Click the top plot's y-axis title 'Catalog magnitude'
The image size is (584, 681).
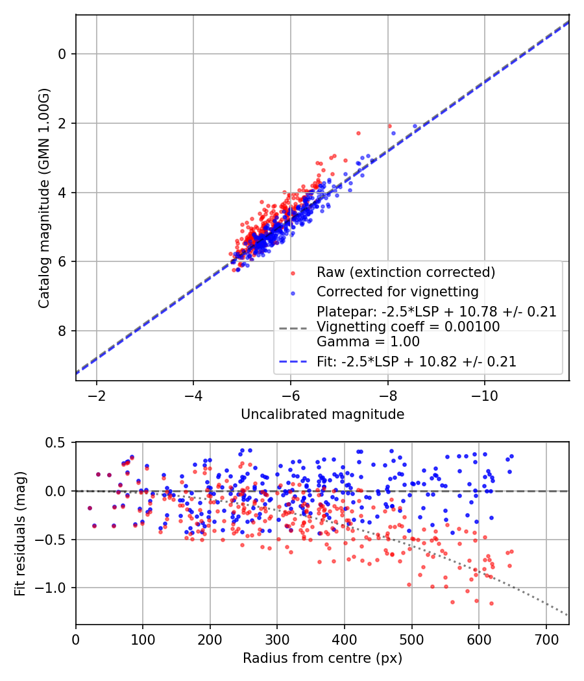(x=43, y=197)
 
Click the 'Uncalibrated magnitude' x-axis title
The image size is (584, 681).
(x=322, y=414)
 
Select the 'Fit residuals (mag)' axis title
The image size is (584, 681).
(x=20, y=532)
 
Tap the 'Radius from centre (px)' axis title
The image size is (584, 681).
(x=322, y=658)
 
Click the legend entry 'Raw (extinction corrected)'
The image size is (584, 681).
(x=406, y=272)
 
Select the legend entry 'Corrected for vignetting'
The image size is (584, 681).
(x=396, y=291)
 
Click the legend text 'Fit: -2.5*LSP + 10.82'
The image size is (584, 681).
(x=416, y=362)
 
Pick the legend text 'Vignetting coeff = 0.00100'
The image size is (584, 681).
(x=408, y=327)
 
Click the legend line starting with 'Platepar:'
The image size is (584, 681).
(x=436, y=312)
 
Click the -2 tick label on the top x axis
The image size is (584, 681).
(x=97, y=396)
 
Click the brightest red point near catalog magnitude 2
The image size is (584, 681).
(x=389, y=126)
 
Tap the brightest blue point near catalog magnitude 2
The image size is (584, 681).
(x=415, y=126)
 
